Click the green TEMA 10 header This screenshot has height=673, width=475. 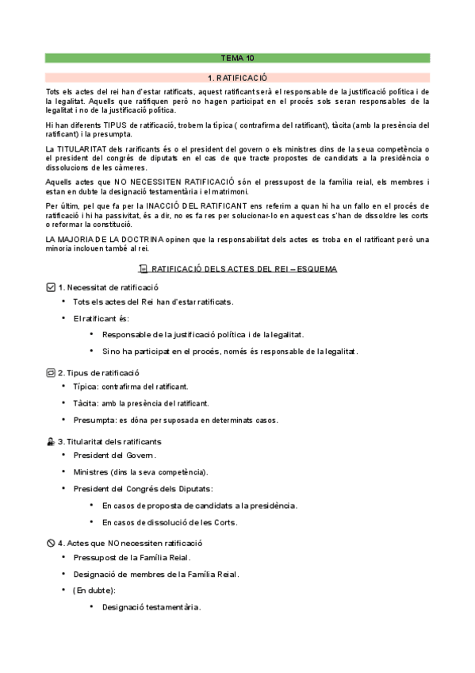pyautogui.click(x=237, y=58)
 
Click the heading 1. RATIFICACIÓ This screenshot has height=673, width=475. pyautogui.click(x=237, y=78)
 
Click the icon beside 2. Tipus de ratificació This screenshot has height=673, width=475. pyautogui.click(x=51, y=372)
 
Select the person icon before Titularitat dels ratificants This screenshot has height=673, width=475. pyautogui.click(x=51, y=441)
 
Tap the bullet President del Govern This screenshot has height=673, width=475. pyautogui.click(x=114, y=456)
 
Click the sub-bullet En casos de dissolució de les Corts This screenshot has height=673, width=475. pyautogui.click(x=170, y=522)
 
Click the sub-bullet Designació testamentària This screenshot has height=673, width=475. pyautogui.click(x=151, y=607)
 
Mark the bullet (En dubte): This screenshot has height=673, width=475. pyautogui.click(x=94, y=590)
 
